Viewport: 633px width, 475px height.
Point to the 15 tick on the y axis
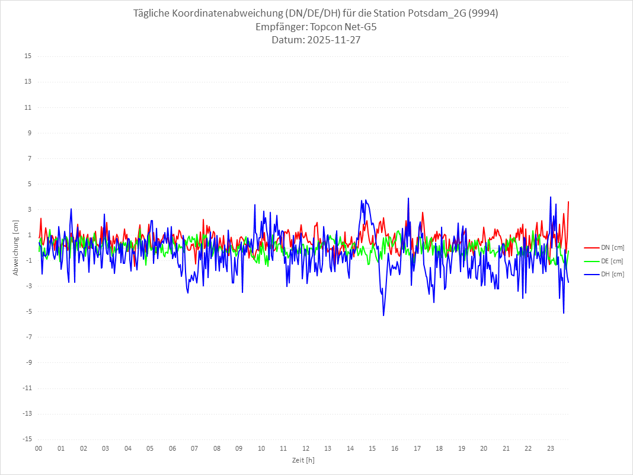click(28, 56)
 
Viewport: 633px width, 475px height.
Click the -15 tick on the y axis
click(27, 439)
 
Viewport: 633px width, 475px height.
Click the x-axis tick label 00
click(39, 449)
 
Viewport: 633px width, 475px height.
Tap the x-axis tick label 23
click(551, 449)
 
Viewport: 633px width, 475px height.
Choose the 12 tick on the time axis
click(306, 449)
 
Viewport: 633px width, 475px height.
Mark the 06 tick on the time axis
click(172, 449)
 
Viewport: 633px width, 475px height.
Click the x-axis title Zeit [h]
click(303, 460)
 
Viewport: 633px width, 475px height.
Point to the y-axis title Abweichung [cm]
click(16, 248)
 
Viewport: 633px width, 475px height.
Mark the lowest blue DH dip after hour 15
click(383, 315)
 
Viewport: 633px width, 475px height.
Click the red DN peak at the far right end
click(568, 202)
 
